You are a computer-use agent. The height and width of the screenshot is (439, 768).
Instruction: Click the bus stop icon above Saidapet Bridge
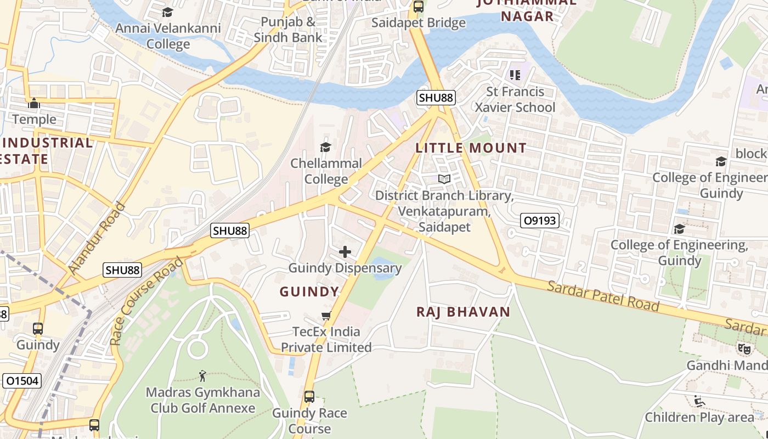(419, 7)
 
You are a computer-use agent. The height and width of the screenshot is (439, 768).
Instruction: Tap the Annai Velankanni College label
(168, 36)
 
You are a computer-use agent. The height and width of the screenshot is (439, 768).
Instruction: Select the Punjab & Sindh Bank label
(288, 30)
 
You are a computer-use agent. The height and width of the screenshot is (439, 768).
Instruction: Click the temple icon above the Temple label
(34, 103)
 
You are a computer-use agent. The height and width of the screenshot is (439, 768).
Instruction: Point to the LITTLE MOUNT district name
(471, 148)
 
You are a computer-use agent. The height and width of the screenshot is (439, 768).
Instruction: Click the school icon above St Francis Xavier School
(515, 75)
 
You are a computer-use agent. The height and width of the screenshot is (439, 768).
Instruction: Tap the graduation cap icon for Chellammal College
(326, 147)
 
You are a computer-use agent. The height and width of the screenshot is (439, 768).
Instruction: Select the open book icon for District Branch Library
(444, 179)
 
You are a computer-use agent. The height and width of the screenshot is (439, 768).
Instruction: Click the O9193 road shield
(539, 221)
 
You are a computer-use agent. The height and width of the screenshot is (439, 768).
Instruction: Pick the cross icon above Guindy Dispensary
(345, 252)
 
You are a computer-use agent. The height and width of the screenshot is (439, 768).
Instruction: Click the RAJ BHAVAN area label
(464, 312)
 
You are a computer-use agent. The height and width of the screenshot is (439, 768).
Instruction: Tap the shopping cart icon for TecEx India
(326, 316)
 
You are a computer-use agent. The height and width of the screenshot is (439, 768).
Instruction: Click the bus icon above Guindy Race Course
(309, 396)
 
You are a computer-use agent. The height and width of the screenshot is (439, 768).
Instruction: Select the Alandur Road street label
(97, 239)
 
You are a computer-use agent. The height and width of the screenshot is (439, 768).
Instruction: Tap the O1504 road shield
(22, 381)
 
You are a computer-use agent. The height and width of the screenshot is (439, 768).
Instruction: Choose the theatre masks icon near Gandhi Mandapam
(744, 348)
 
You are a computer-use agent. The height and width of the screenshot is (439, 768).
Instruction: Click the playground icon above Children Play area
(699, 401)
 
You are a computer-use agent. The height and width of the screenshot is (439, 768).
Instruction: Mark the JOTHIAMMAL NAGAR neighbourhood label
(527, 9)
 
